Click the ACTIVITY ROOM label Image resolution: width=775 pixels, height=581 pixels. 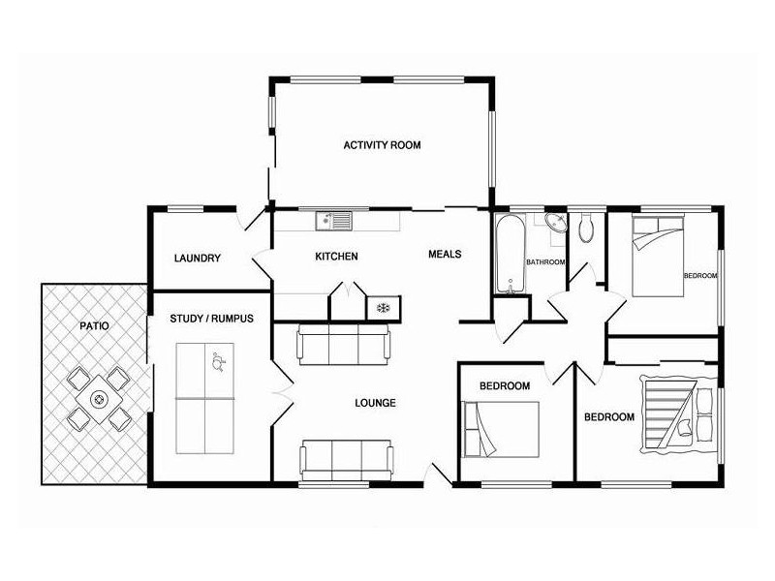pyautogui.click(x=382, y=145)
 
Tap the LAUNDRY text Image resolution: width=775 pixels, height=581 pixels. pyautogui.click(x=198, y=259)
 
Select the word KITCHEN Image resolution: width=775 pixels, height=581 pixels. pyautogui.click(x=336, y=257)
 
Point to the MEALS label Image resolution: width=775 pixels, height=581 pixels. pyautogui.click(x=445, y=255)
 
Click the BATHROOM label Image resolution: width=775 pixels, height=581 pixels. pyautogui.click(x=545, y=262)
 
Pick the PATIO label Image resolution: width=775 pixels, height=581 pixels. pyautogui.click(x=94, y=326)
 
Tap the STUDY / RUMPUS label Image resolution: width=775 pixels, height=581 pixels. pyautogui.click(x=211, y=319)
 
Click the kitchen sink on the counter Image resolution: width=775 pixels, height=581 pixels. pyautogui.click(x=334, y=222)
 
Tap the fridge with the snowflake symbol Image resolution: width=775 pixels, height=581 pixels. pyautogui.click(x=382, y=307)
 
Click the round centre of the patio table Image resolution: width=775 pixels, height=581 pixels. pyautogui.click(x=99, y=398)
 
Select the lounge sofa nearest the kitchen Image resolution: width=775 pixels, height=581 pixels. pyautogui.click(x=344, y=343)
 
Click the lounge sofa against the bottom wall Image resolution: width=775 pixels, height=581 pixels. pyautogui.click(x=346, y=459)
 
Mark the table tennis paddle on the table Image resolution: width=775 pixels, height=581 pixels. pyautogui.click(x=217, y=364)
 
